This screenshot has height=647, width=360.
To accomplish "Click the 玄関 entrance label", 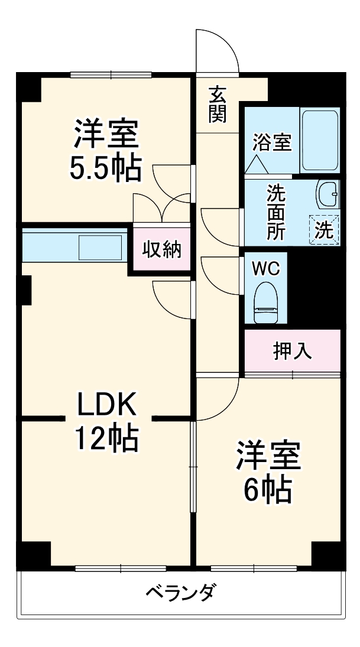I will [x=218, y=104].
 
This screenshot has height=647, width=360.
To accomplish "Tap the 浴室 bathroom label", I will [x=273, y=142].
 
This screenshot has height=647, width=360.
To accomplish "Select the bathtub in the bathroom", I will [x=320, y=141].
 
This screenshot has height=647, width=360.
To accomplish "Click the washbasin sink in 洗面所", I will [x=327, y=194].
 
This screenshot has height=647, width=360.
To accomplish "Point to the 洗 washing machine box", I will [x=323, y=229].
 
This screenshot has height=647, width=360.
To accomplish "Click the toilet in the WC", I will [x=265, y=301].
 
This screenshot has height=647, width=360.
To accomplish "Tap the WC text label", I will [x=265, y=268].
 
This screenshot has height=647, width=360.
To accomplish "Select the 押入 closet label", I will [x=292, y=351].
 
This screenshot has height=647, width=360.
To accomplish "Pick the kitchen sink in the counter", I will [x=100, y=247].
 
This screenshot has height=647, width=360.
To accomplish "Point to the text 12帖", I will [x=106, y=438].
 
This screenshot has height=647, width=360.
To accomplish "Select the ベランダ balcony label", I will [x=180, y=591].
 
